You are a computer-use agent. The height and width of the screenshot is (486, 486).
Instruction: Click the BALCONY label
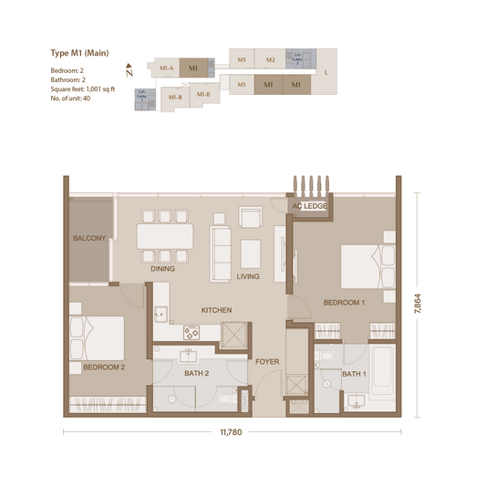[x=90, y=239]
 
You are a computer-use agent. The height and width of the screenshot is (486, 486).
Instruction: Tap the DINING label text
[x=163, y=269]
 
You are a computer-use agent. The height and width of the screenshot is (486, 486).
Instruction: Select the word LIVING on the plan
[x=248, y=276]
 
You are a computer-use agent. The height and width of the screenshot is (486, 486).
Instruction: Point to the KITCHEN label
[x=216, y=310]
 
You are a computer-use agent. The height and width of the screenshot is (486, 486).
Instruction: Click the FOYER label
[x=266, y=362]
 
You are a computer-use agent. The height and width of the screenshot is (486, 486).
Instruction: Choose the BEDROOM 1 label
[x=344, y=302]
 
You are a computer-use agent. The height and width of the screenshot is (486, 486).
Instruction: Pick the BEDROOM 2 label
[x=103, y=367]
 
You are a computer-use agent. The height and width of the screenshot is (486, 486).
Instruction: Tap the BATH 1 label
[x=354, y=375]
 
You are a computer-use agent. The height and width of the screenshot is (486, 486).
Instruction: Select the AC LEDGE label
[x=309, y=206]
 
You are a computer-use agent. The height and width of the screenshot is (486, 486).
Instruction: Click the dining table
[x=165, y=238]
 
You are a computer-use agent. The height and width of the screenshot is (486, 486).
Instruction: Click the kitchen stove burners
[x=191, y=331]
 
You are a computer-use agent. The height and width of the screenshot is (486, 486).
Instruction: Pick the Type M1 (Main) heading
[x=79, y=53]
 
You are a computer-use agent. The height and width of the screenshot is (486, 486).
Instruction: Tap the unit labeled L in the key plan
[x=326, y=71]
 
